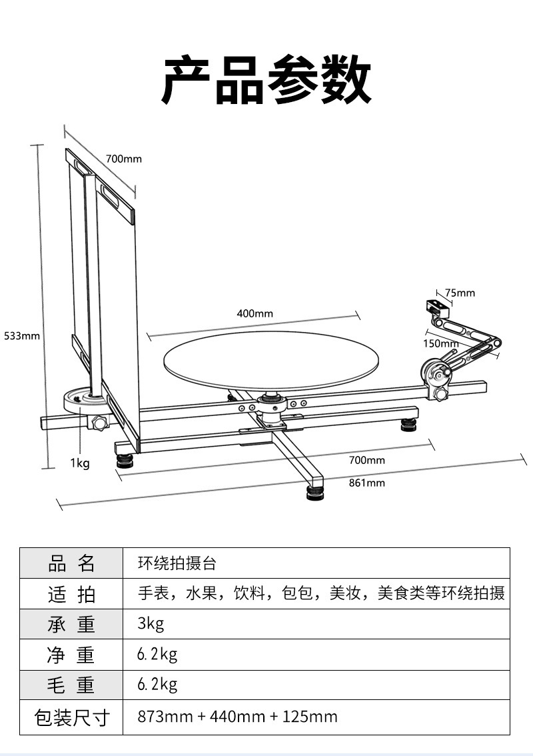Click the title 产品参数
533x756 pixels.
click(x=266, y=80)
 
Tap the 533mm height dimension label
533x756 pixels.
click(x=22, y=336)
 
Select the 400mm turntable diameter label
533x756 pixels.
click(x=255, y=314)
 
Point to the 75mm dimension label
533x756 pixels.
click(x=460, y=293)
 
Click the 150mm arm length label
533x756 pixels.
click(x=440, y=344)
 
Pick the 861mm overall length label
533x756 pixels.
click(x=366, y=483)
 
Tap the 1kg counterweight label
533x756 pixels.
click(x=80, y=463)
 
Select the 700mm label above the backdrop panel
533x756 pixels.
click(x=124, y=159)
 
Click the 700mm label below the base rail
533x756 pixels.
click(x=366, y=461)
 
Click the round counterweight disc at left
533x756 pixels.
click(x=85, y=400)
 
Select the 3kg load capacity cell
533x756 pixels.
click(x=151, y=623)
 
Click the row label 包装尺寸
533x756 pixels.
click(x=71, y=717)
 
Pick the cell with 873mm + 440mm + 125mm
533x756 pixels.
click(x=237, y=717)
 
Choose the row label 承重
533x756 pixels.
click(x=71, y=625)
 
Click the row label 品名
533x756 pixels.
click(x=71, y=563)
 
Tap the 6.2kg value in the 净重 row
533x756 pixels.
click(x=157, y=654)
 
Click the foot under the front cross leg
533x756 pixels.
click(x=315, y=493)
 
